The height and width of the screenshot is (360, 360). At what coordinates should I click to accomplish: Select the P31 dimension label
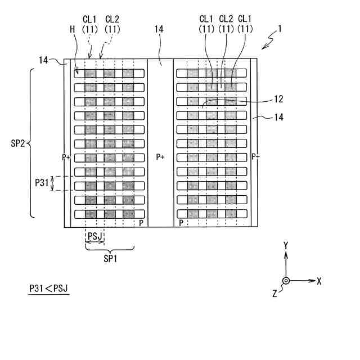(x=42, y=182)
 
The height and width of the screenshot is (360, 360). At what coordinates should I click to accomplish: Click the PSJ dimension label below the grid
(x=94, y=236)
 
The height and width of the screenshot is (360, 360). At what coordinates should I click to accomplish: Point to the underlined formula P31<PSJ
(x=48, y=289)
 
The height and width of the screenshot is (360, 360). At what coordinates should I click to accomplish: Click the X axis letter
(x=318, y=281)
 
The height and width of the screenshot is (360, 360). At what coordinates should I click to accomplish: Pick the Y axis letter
(x=286, y=246)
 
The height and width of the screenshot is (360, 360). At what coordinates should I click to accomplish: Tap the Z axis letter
(x=274, y=292)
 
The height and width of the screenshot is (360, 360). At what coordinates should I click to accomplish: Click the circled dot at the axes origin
(x=286, y=281)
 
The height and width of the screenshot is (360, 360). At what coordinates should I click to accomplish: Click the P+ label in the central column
(x=160, y=157)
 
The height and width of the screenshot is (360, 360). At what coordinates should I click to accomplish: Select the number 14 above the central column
(x=160, y=38)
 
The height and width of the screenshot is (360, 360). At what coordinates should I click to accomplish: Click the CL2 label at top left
(x=112, y=19)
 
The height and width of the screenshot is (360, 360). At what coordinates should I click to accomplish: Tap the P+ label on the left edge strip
(x=67, y=157)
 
